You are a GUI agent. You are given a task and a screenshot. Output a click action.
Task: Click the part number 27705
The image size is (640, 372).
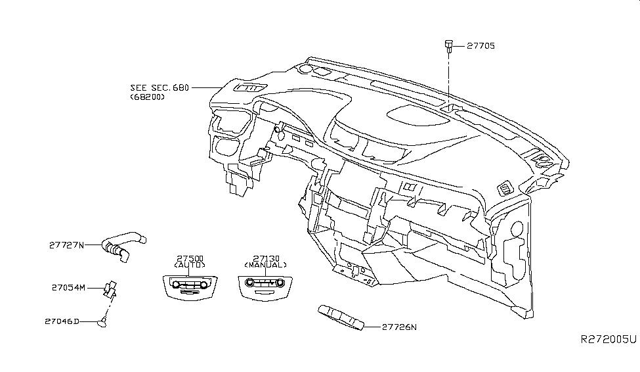coord(480,46)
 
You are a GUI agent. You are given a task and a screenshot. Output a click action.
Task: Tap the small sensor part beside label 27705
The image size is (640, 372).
coord(448,45)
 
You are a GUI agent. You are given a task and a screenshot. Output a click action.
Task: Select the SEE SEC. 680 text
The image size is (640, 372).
coord(160,87)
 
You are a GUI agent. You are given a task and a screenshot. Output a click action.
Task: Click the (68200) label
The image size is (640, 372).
coord(147,97)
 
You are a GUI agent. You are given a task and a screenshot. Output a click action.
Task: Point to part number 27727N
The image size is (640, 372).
coord(67,244)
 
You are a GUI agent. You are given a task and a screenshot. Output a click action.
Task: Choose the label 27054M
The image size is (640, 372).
coord(67,287)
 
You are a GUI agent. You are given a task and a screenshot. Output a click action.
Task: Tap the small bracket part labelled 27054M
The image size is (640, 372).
coord(111,288)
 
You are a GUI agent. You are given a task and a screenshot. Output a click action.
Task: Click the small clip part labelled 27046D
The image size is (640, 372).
coord(103,321)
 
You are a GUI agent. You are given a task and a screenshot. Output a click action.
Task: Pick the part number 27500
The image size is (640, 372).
coord(190,258)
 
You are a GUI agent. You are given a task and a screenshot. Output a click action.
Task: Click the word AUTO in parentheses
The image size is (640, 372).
coord(190,266)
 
